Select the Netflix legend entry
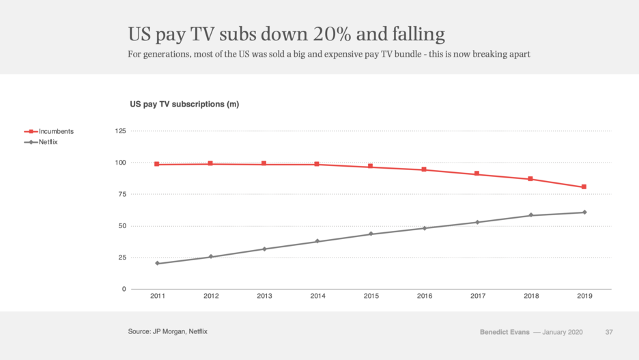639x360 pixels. pyautogui.click(x=48, y=142)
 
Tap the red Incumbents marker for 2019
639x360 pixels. pyautogui.click(x=584, y=187)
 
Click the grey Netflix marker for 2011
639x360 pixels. pyautogui.click(x=157, y=263)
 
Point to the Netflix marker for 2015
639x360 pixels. pyautogui.click(x=371, y=234)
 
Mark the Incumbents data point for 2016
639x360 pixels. pyautogui.click(x=424, y=169)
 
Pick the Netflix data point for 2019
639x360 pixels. pyautogui.click(x=584, y=212)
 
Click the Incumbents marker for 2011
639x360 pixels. pyautogui.click(x=157, y=164)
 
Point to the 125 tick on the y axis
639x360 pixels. pyautogui.click(x=119, y=131)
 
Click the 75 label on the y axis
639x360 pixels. pyautogui.click(x=122, y=195)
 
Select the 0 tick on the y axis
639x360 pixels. pyautogui.click(x=124, y=290)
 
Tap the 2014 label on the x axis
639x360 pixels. pyautogui.click(x=317, y=296)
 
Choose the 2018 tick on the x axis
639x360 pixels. pyautogui.click(x=531, y=296)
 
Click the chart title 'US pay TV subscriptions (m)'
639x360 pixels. pyautogui.click(x=184, y=105)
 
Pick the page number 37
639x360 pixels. pyautogui.click(x=609, y=332)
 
